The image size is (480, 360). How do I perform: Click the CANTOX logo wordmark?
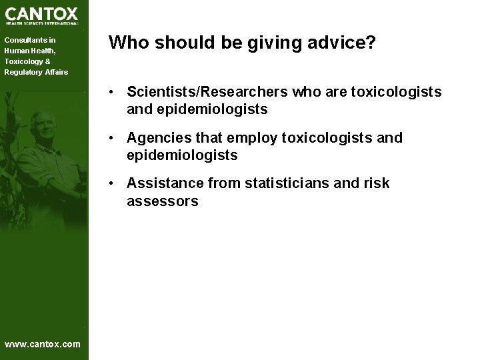click(42, 13)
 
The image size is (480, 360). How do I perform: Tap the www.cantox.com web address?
click(42, 344)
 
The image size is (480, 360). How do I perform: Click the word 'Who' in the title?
click(129, 43)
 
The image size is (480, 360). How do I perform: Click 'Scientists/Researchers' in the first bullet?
click(207, 92)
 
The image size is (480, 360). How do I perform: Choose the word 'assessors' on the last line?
click(163, 201)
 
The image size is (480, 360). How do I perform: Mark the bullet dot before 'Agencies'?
click(115, 138)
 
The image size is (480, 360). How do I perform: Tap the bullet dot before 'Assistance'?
click(115, 183)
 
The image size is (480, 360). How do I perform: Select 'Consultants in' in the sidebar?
click(30, 40)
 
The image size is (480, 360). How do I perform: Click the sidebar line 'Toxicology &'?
click(27, 61)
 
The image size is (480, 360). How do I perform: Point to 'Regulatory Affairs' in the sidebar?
click(37, 72)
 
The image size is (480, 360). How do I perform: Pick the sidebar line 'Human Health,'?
click(30, 51)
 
